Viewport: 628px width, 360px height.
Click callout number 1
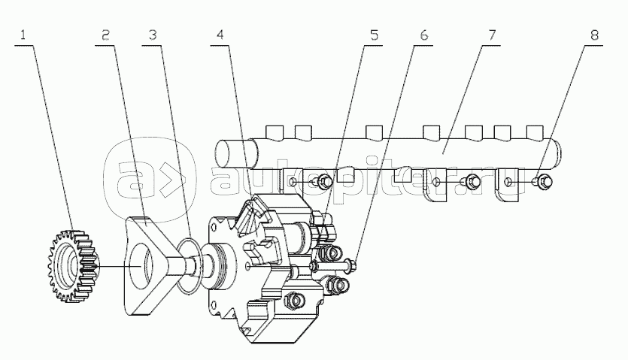click(x=23, y=35)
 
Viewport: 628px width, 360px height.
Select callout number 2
click(x=105, y=35)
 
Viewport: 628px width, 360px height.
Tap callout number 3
click(x=153, y=35)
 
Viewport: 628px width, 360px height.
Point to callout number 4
click(x=220, y=35)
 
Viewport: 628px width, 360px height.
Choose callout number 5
click(x=374, y=35)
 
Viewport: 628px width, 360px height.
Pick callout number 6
click(x=424, y=35)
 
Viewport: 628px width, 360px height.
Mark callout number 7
click(x=492, y=35)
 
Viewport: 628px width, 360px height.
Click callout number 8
click(x=594, y=35)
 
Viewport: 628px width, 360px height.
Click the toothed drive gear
click(x=72, y=266)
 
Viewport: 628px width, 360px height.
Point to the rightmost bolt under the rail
click(x=543, y=181)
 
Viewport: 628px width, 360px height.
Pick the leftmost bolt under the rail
click(x=323, y=182)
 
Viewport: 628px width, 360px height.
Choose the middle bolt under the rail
click(x=471, y=182)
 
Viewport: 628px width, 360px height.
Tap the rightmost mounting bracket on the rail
click(x=507, y=185)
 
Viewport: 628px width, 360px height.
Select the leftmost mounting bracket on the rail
click(x=293, y=184)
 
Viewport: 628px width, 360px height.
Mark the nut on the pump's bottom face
click(x=295, y=301)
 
